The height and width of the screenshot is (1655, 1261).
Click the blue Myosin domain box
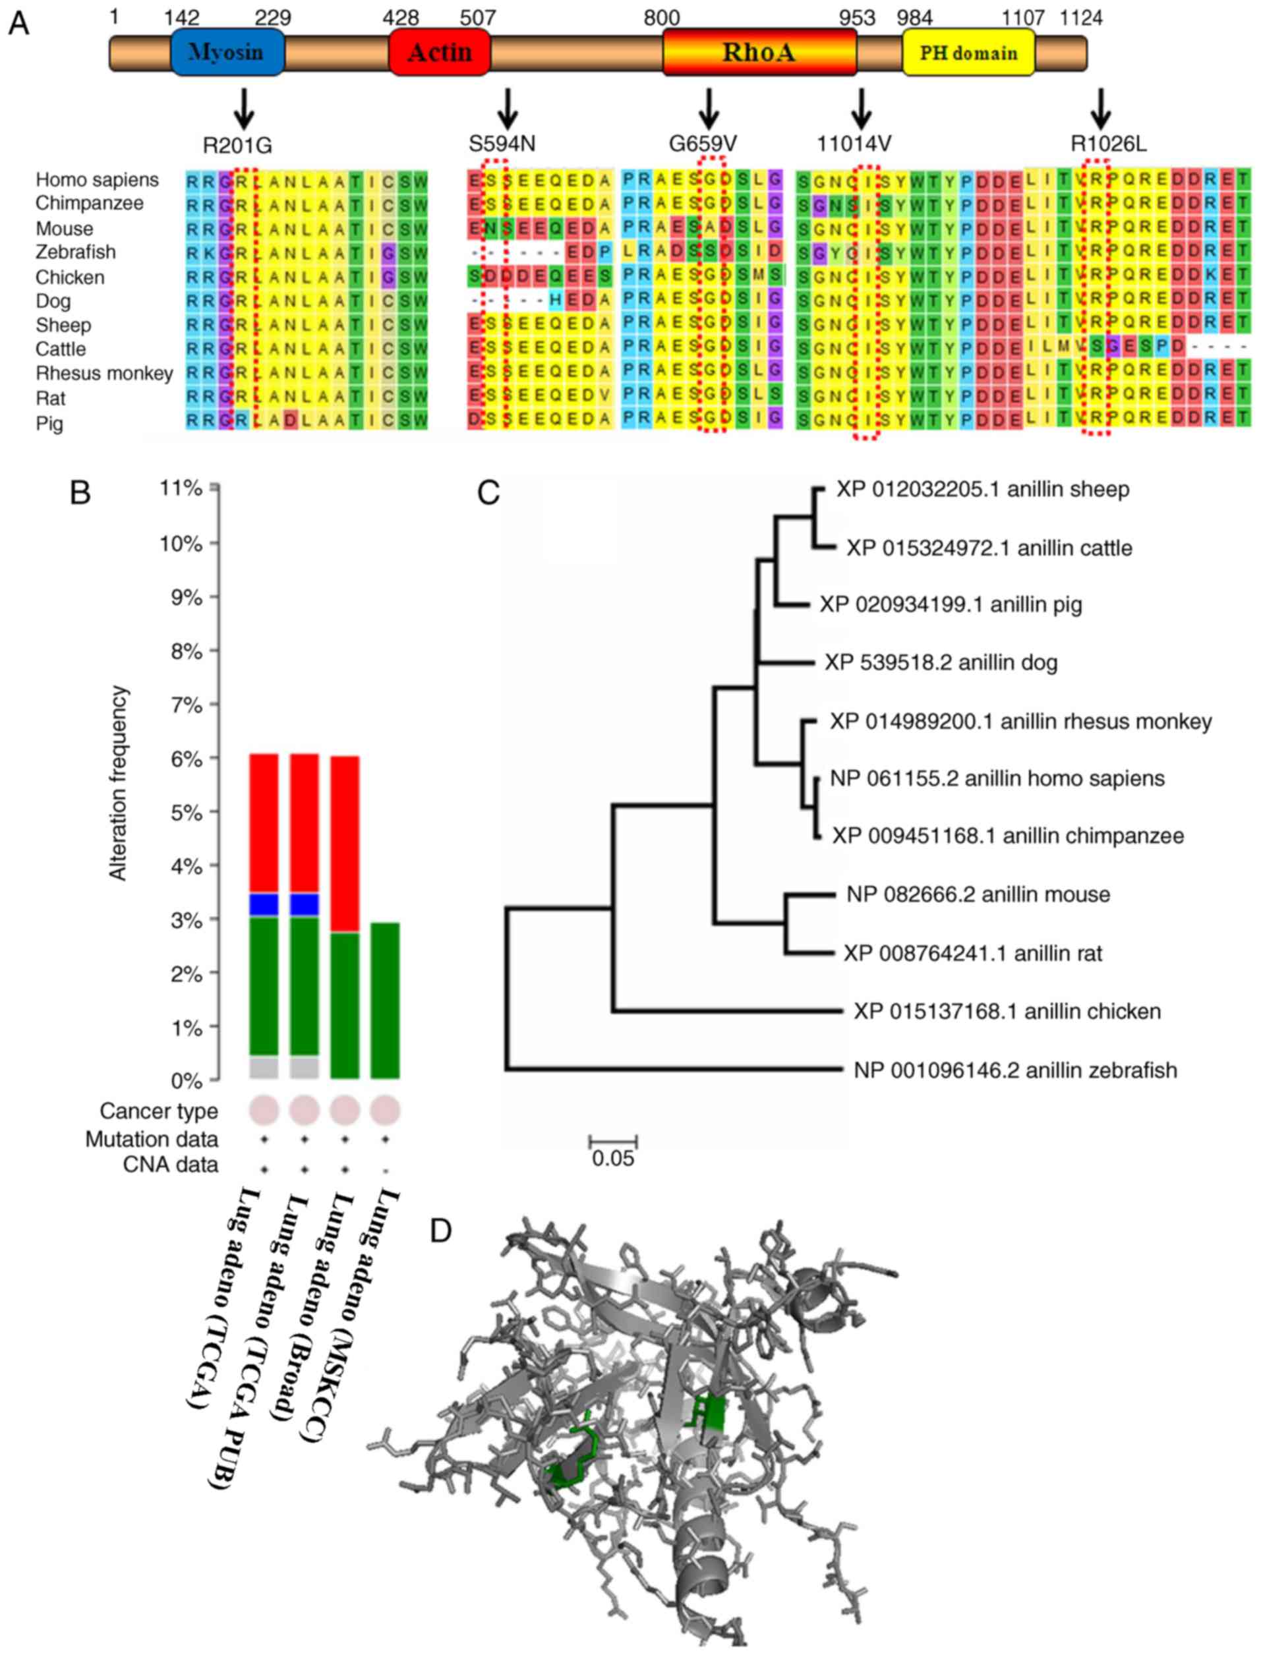pyautogui.click(x=227, y=53)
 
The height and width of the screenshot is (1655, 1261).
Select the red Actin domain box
pyautogui.click(x=440, y=53)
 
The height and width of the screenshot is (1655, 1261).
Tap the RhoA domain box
pyautogui.click(x=759, y=53)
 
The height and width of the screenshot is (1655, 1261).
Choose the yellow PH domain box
pyautogui.click(x=968, y=53)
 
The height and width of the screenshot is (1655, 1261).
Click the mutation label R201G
pyautogui.click(x=237, y=144)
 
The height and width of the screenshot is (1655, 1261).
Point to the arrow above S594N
pyautogui.click(x=508, y=108)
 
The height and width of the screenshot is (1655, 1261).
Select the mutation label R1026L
pyautogui.click(x=1108, y=144)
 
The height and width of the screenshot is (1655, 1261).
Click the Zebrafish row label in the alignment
pyautogui.click(x=75, y=252)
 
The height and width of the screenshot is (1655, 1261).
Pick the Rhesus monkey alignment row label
pyautogui.click(x=104, y=373)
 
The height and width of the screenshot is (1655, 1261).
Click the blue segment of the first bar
pyautogui.click(x=264, y=904)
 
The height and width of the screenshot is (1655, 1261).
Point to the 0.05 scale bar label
pyautogui.click(x=612, y=1158)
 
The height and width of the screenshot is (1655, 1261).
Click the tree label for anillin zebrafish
pyautogui.click(x=1015, y=1070)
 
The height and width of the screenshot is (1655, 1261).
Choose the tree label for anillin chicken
pyautogui.click(x=1007, y=1011)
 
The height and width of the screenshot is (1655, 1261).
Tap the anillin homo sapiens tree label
pyautogui.click(x=997, y=778)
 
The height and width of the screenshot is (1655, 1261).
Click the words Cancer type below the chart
pyautogui.click(x=158, y=1111)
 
